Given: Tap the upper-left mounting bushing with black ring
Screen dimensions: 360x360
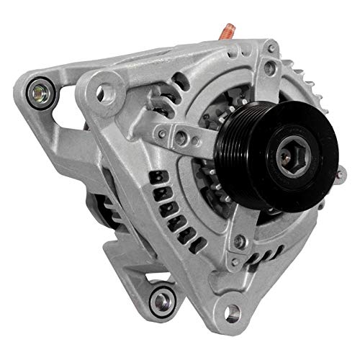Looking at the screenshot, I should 38,91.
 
